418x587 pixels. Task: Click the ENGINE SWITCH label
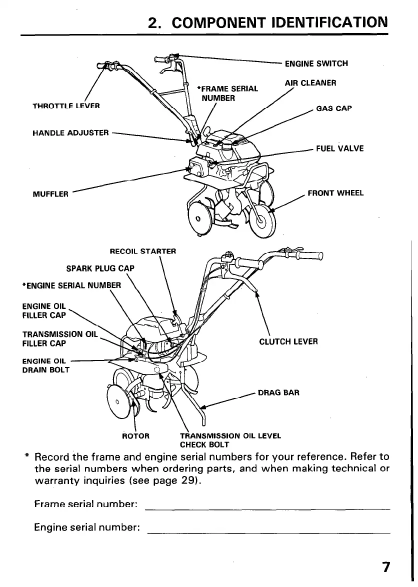pos(316,63)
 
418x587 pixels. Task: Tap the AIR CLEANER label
pos(310,83)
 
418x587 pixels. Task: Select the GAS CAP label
pos(334,108)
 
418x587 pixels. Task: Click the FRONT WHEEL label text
pos(335,193)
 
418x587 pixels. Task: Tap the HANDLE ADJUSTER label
pos(70,132)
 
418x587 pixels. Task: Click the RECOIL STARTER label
pos(142,251)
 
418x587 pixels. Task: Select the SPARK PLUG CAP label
pos(100,268)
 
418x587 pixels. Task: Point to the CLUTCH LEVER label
pos(288,342)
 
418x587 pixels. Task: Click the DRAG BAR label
pos(278,392)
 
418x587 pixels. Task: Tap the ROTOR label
pos(136,435)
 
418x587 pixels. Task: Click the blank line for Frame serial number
pos(267,508)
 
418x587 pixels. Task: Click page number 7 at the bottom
pos(385,567)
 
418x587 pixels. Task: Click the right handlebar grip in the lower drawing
pos(310,256)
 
